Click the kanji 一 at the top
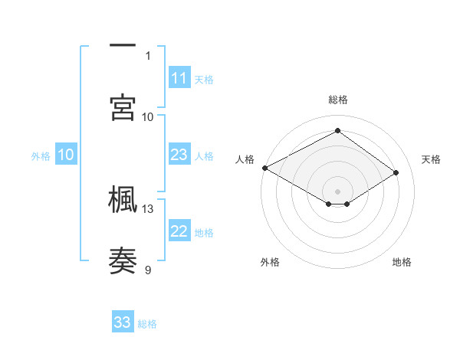(123, 45)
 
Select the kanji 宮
(123, 106)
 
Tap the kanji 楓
(123, 198)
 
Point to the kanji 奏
(123, 260)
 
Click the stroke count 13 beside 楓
(148, 208)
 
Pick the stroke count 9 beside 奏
(148, 269)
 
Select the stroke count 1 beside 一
(148, 55)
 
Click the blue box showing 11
(179, 78)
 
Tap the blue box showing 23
(179, 155)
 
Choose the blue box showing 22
(179, 232)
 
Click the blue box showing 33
(123, 322)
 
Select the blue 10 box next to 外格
(66, 155)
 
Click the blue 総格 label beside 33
(147, 324)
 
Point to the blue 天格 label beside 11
(204, 79)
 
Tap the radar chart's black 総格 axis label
(337, 100)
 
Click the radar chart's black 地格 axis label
(402, 262)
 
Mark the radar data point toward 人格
(264, 168)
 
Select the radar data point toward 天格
(396, 173)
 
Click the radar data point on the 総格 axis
(337, 131)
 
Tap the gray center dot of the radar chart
(337, 191)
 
